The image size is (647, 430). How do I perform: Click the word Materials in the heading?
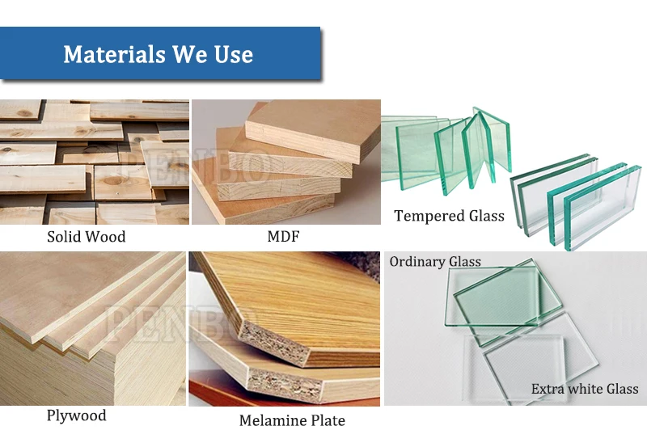(x=114, y=54)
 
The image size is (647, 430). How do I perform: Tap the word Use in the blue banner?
(x=233, y=54)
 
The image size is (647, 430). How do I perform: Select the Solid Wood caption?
(x=87, y=237)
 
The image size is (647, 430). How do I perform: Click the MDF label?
(x=284, y=236)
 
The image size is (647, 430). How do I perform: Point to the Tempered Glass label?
(x=450, y=216)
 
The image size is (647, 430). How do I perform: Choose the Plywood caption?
(x=76, y=415)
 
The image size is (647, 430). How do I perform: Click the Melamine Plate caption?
(x=292, y=420)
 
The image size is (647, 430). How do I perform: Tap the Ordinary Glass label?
(x=435, y=261)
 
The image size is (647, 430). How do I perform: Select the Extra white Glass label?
(x=585, y=389)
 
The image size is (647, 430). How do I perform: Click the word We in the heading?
(x=189, y=54)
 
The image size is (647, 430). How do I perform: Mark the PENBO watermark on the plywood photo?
(x=181, y=323)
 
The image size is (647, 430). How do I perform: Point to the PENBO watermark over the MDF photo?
(x=196, y=165)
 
